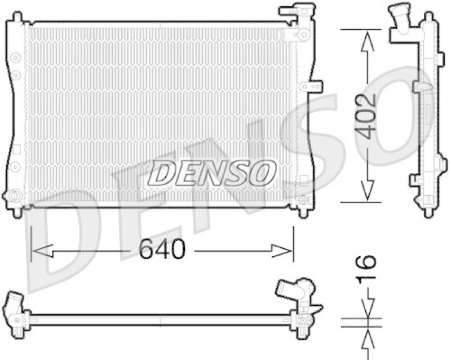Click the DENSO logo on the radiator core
click(x=211, y=172)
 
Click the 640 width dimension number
click(x=163, y=249)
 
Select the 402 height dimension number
click(x=366, y=116)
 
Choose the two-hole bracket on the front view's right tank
click(x=312, y=87)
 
